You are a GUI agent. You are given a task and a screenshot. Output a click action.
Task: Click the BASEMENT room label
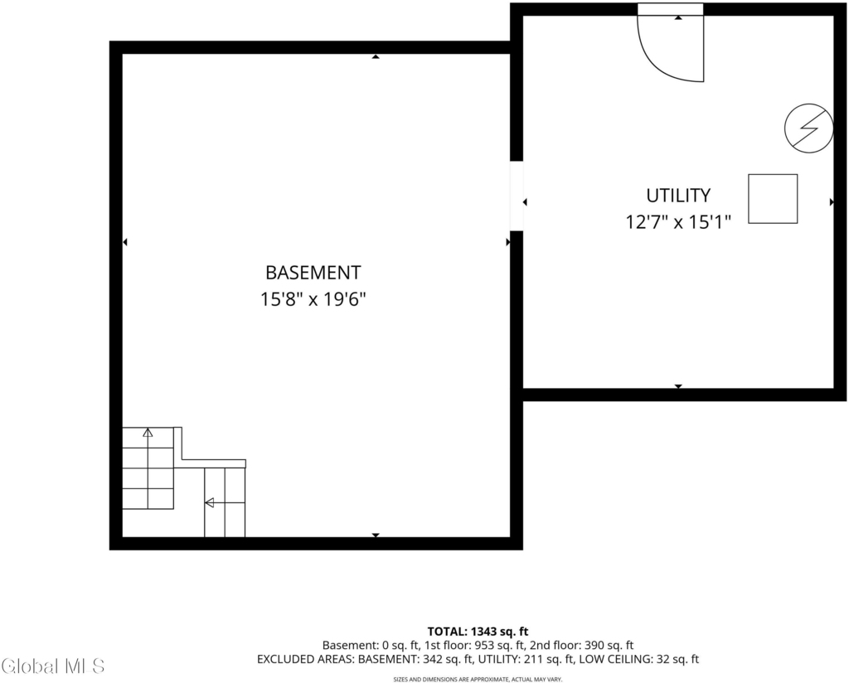click(x=313, y=273)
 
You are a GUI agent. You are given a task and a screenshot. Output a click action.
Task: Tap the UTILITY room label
click(x=678, y=196)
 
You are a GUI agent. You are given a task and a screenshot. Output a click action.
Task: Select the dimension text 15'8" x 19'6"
click(x=313, y=299)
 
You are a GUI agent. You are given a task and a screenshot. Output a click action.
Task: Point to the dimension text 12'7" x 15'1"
click(x=678, y=222)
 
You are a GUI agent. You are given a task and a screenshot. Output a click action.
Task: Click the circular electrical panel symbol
click(x=809, y=128)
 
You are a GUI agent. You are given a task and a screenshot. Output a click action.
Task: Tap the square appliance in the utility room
click(x=773, y=199)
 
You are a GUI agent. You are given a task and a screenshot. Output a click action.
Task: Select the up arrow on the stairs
click(x=148, y=433)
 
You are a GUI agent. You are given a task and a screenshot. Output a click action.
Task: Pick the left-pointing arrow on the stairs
click(x=209, y=503)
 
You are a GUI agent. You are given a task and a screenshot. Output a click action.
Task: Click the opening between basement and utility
click(x=517, y=196)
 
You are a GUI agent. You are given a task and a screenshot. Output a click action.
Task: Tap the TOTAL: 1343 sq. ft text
click(x=478, y=632)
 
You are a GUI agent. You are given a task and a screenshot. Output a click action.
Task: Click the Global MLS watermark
click(x=52, y=666)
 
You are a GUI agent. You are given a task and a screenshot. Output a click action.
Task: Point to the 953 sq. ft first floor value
click(x=500, y=645)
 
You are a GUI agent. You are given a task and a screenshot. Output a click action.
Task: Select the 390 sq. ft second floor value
click(x=609, y=645)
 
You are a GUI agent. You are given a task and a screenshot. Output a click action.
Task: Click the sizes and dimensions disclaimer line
click(x=478, y=679)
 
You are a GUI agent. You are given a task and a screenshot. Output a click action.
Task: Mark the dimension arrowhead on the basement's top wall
click(x=376, y=56)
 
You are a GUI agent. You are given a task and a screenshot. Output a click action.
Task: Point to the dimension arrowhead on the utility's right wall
click(x=832, y=202)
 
